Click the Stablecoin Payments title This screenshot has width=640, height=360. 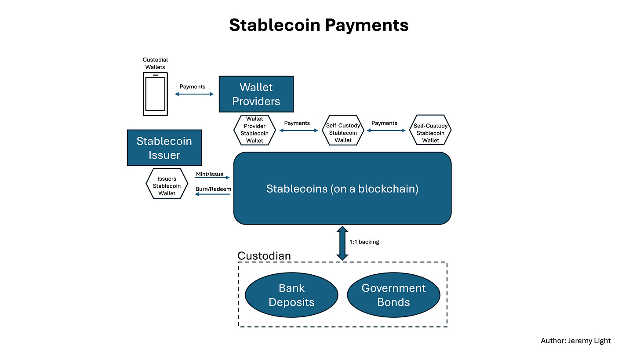point(319,25)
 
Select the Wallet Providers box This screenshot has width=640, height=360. point(256,94)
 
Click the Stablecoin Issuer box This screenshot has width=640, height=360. point(164,148)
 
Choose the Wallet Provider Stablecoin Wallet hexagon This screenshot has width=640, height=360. point(255,130)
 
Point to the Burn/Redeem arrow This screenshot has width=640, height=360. point(212,194)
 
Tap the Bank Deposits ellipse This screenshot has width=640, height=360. point(291,295)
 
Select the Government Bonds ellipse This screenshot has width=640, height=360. point(393,295)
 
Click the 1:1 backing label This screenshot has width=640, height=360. point(364,242)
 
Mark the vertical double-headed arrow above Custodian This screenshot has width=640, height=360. point(342,243)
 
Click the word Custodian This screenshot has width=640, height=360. point(264,256)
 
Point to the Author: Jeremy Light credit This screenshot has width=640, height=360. point(575,341)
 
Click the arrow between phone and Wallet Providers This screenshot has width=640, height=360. point(194,94)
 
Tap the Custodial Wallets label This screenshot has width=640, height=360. point(155,63)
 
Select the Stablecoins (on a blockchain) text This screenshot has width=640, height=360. point(342,189)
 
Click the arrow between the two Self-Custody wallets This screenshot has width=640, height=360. point(384,131)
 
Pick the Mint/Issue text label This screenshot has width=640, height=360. point(210,174)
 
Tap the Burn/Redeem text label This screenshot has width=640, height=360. point(213,189)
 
